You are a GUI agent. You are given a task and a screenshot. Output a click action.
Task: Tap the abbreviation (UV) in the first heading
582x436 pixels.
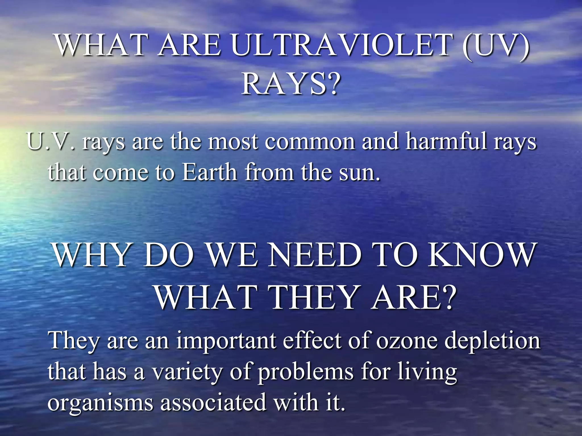pyautogui.click(x=496, y=45)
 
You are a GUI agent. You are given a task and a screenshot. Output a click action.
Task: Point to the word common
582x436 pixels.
pyautogui.click(x=310, y=141)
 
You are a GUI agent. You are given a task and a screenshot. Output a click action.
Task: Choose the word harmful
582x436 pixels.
pyautogui.click(x=446, y=141)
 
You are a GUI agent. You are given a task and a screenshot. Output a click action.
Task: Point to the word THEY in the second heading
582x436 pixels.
pyautogui.click(x=313, y=297)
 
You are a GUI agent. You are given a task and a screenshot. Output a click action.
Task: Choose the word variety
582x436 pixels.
pyautogui.click(x=186, y=372)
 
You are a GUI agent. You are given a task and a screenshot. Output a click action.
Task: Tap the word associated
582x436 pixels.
pyautogui.click(x=213, y=403)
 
